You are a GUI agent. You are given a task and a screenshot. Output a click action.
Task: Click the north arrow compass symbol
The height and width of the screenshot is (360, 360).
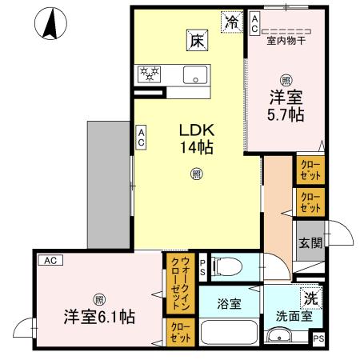tap(50, 24)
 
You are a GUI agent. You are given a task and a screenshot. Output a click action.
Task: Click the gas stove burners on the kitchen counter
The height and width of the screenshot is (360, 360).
tap(149, 74)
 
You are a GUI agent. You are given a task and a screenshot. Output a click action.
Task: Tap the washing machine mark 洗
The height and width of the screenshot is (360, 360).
tap(309, 298)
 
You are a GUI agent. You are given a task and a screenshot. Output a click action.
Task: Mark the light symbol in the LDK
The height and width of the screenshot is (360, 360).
tap(195, 173)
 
